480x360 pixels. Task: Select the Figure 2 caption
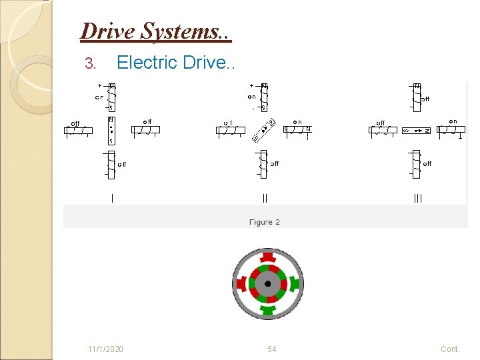(265, 222)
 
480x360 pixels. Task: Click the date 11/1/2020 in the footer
(105, 349)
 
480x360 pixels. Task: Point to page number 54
(272, 349)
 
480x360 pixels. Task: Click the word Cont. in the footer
(450, 349)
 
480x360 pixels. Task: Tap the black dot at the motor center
(268, 283)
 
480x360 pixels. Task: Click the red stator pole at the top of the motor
(268, 257)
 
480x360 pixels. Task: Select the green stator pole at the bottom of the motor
(268, 309)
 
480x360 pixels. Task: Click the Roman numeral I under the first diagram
(112, 198)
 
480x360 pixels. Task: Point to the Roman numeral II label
(265, 198)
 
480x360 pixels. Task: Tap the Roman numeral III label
(417, 198)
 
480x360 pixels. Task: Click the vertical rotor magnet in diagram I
(111, 131)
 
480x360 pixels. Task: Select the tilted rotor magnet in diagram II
(265, 131)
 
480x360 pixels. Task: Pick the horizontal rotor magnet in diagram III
(417, 131)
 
